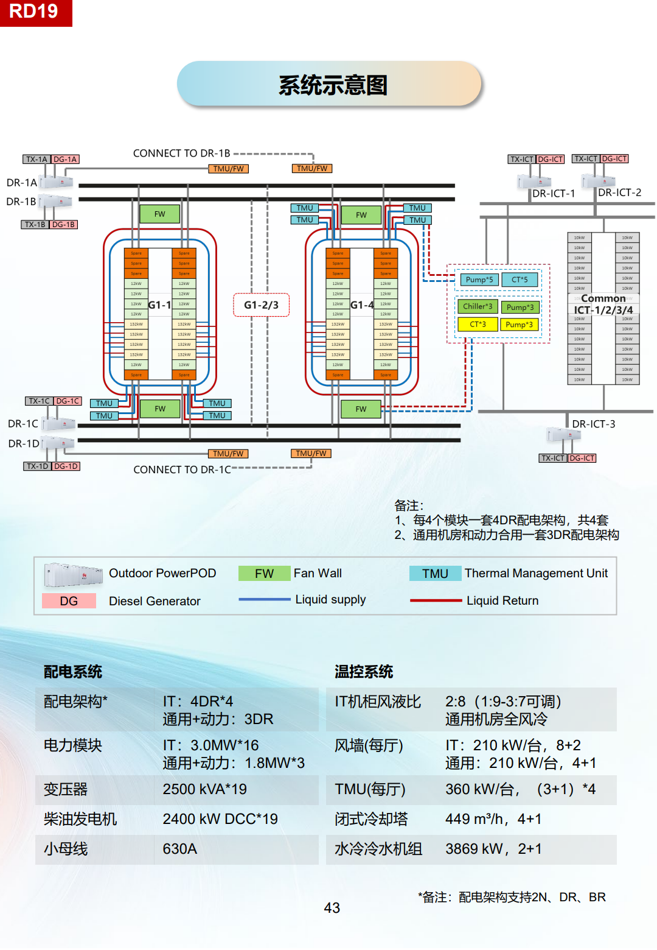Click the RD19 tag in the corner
[x=34, y=12]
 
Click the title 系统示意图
[x=332, y=85]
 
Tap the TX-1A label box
[x=36, y=160]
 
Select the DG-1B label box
[x=63, y=225]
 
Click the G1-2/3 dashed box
[x=261, y=305]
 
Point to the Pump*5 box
[x=479, y=280]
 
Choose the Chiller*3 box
[x=478, y=306]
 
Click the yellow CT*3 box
[x=478, y=325]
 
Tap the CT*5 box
[x=520, y=280]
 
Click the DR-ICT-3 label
[x=593, y=424]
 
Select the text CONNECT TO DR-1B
[x=181, y=153]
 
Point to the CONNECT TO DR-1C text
[x=182, y=470]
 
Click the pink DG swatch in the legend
[x=69, y=601]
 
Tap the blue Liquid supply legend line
[x=265, y=600]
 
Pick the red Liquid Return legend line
[x=436, y=600]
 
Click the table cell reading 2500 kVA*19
[x=204, y=789]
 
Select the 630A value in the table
[x=179, y=849]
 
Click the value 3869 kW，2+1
[x=493, y=849]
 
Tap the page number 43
[x=332, y=908]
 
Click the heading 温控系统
[x=364, y=672]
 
